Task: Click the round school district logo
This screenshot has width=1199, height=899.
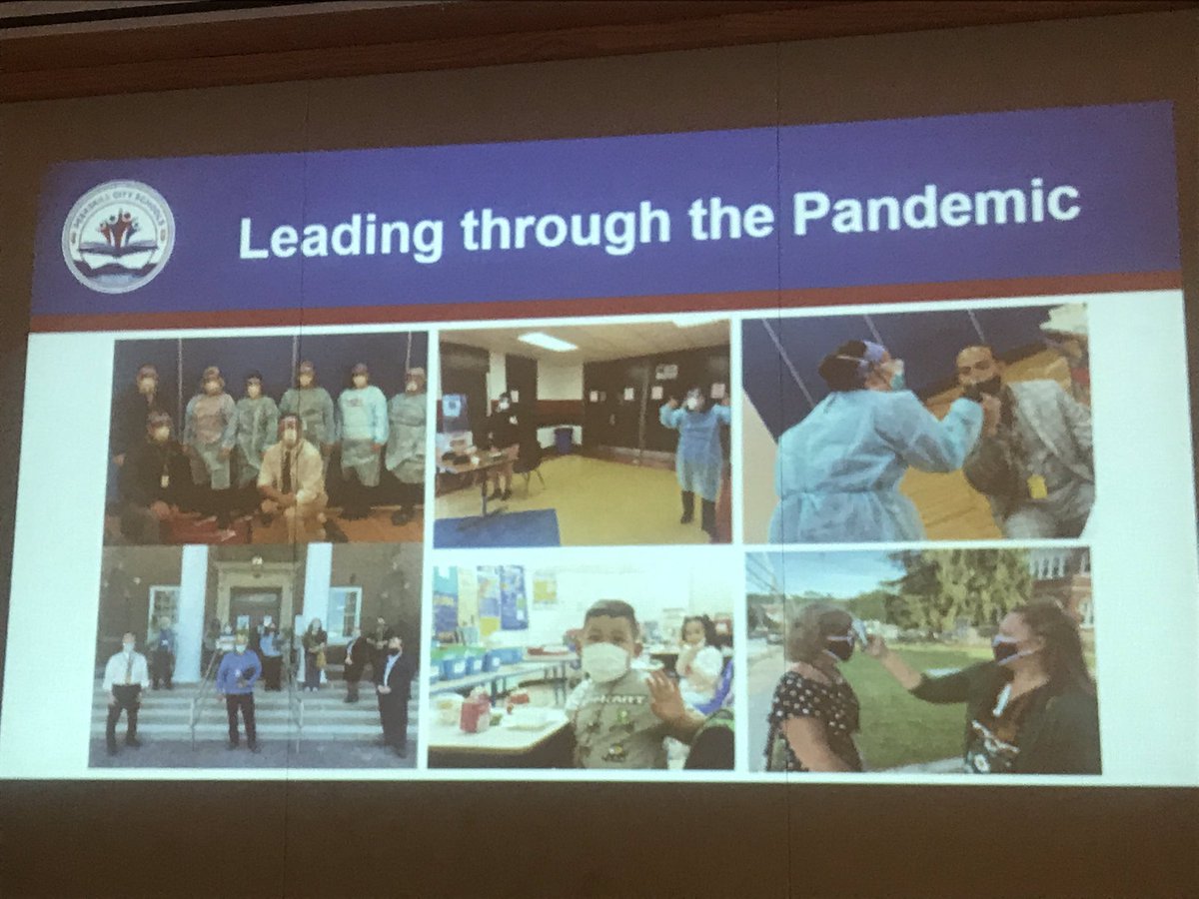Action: pos(118,236)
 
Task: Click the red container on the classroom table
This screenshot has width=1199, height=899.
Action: pos(476,713)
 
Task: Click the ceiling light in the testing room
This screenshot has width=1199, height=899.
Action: pos(547,342)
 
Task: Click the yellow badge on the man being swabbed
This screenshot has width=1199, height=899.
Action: pos(1036,486)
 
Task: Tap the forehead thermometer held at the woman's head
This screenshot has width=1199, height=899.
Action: pos(861,633)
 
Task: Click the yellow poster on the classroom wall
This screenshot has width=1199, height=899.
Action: pos(544,590)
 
